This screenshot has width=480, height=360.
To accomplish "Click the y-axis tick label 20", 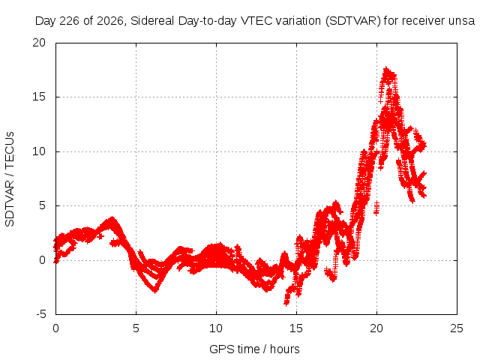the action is pyautogui.click(x=39, y=43).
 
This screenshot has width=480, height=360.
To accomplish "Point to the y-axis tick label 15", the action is pyautogui.click(x=39, y=97).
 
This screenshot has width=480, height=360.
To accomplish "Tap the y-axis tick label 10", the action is pyautogui.click(x=39, y=151).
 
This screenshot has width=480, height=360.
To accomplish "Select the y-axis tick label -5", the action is pyautogui.click(x=40, y=314).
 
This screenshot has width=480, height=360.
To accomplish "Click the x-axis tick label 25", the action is pyautogui.click(x=457, y=328).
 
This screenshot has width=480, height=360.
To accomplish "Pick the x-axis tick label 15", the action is pyautogui.click(x=296, y=328).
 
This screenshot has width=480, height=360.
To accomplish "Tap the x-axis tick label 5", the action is pyautogui.click(x=136, y=328).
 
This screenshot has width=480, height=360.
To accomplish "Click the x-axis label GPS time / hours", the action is pyautogui.click(x=254, y=349).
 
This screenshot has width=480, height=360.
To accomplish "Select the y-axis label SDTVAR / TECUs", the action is pyautogui.click(x=10, y=179).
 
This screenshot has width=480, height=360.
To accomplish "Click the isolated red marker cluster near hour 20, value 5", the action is pyautogui.click(x=376, y=208).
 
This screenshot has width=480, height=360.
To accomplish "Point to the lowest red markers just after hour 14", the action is pyautogui.click(x=286, y=303).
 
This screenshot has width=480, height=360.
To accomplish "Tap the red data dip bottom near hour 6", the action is pyautogui.click(x=155, y=290).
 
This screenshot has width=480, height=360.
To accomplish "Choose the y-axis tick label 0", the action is pyautogui.click(x=43, y=260).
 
